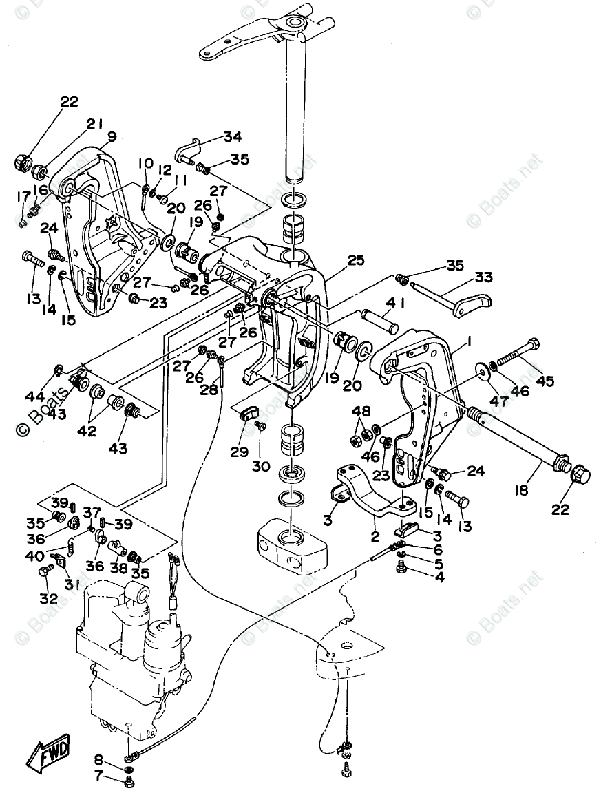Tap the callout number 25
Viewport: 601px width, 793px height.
[x=355, y=260]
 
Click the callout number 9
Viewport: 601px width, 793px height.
[x=112, y=136]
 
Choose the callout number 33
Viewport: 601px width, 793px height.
[x=484, y=278]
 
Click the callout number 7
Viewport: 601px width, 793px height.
[x=98, y=776]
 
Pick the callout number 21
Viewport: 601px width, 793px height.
[x=94, y=124]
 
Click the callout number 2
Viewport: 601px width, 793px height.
[x=375, y=536]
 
